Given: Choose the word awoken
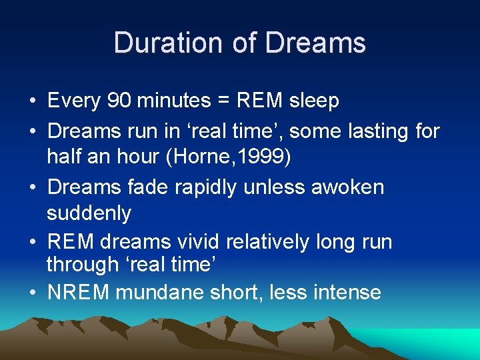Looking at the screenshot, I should coord(349,187).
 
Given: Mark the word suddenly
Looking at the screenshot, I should coord(89,214).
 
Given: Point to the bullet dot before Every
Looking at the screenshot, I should coord(32,101).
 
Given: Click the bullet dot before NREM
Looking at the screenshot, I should coord(32,293).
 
